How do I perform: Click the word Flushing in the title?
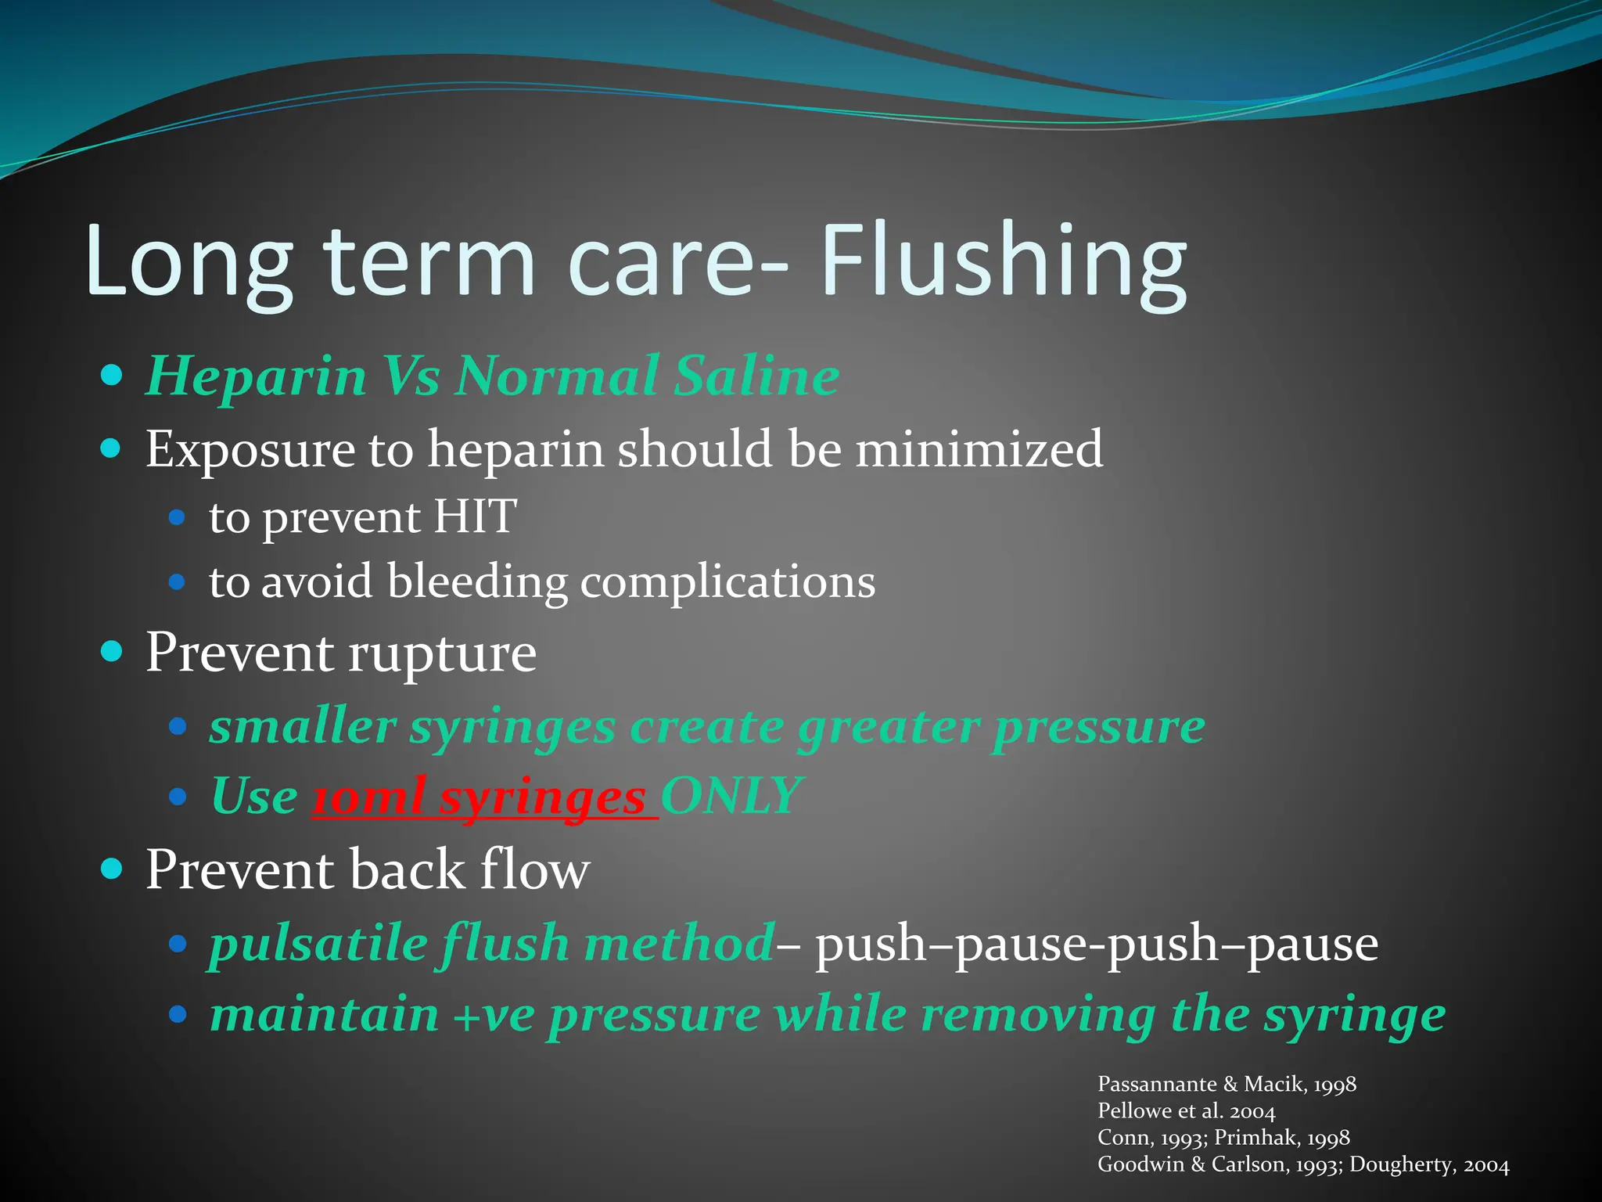tap(1003, 262)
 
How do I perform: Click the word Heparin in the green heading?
tap(257, 377)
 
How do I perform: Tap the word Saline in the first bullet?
tap(756, 376)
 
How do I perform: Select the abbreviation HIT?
tap(475, 517)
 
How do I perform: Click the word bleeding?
tap(477, 582)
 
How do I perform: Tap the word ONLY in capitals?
tap(731, 797)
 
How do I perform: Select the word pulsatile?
tap(318, 943)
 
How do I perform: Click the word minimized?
tap(979, 450)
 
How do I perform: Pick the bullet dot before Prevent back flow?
tap(112, 869)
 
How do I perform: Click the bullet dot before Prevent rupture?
tap(112, 651)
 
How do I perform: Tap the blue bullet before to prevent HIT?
tap(177, 517)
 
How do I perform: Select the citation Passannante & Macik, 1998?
tap(1227, 1085)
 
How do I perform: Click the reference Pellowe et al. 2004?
tap(1186, 1111)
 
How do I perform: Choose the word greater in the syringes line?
tap(888, 728)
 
